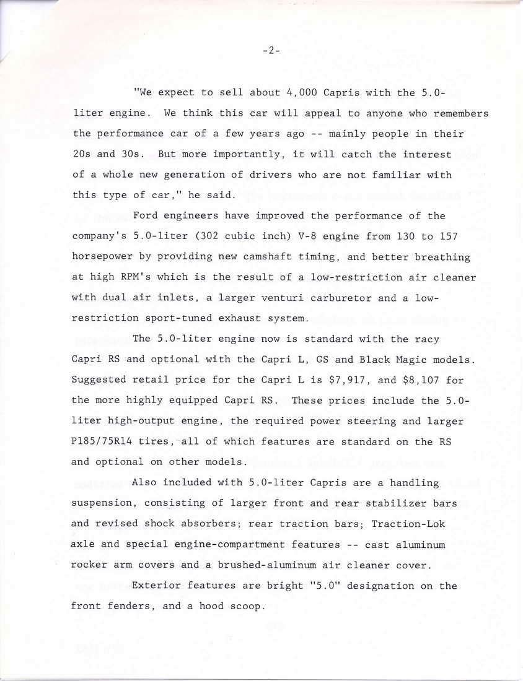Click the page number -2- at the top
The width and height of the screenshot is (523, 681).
click(271, 51)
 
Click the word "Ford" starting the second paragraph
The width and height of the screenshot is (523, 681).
click(145, 216)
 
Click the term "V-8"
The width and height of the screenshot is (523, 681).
click(332, 236)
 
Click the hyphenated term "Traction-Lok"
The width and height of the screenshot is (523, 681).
click(408, 524)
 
